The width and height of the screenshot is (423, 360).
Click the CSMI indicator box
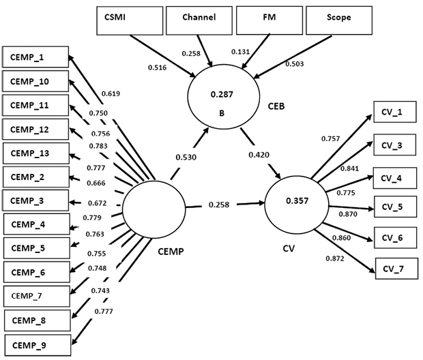pos(128,18)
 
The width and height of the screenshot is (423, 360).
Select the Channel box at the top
pos(199,18)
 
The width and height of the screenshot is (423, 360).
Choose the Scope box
pos(338,18)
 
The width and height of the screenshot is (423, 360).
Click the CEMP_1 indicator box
pos(35,58)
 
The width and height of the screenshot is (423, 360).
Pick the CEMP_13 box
pos(35,153)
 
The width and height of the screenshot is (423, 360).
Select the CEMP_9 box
pos(35,344)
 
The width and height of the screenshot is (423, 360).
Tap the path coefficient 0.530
pos(186,157)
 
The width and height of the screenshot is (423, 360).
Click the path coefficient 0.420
pos(259,155)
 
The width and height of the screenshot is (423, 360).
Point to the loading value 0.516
pos(158,67)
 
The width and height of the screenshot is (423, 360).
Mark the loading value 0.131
pos(242,52)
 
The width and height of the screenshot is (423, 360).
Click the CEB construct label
pos(276,106)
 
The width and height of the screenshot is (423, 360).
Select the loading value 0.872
pos(336,258)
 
